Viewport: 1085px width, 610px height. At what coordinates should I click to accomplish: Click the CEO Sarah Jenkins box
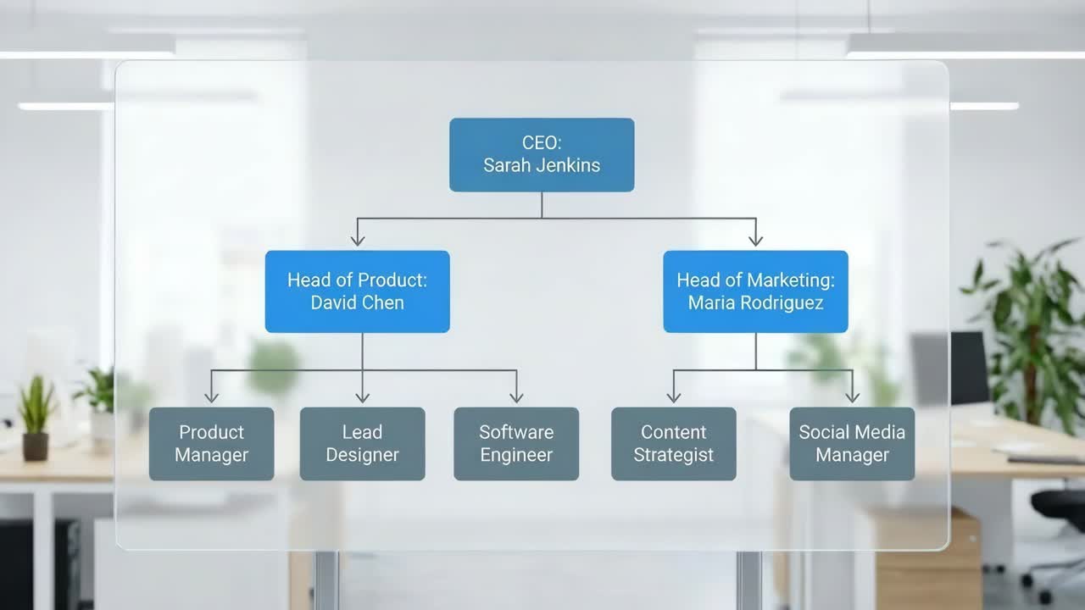[542, 154]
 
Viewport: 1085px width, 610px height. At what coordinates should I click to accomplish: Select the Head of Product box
[357, 291]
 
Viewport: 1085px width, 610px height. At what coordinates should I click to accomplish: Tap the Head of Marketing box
[755, 291]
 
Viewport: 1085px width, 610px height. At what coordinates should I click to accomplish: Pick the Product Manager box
[211, 443]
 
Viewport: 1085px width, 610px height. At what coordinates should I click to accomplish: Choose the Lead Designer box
[362, 443]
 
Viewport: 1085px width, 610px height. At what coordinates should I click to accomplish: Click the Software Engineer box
[516, 443]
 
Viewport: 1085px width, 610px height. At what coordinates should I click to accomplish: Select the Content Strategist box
[674, 443]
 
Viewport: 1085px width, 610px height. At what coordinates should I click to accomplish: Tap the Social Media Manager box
[852, 443]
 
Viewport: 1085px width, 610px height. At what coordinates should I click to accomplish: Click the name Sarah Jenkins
[542, 165]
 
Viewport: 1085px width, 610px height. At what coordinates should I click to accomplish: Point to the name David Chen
[357, 302]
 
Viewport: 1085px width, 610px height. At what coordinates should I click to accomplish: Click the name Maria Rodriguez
[755, 302]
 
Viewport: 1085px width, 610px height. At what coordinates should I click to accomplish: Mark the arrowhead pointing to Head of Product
[358, 241]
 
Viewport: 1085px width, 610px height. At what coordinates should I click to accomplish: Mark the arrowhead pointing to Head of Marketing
[755, 241]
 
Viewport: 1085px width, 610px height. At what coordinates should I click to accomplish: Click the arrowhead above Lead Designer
[362, 396]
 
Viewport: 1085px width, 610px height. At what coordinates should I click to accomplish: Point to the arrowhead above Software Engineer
[516, 396]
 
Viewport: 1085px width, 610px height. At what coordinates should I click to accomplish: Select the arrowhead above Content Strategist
[674, 396]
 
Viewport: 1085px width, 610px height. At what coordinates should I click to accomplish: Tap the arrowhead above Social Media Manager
[852, 396]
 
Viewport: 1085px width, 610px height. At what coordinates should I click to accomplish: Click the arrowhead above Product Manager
[211, 396]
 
